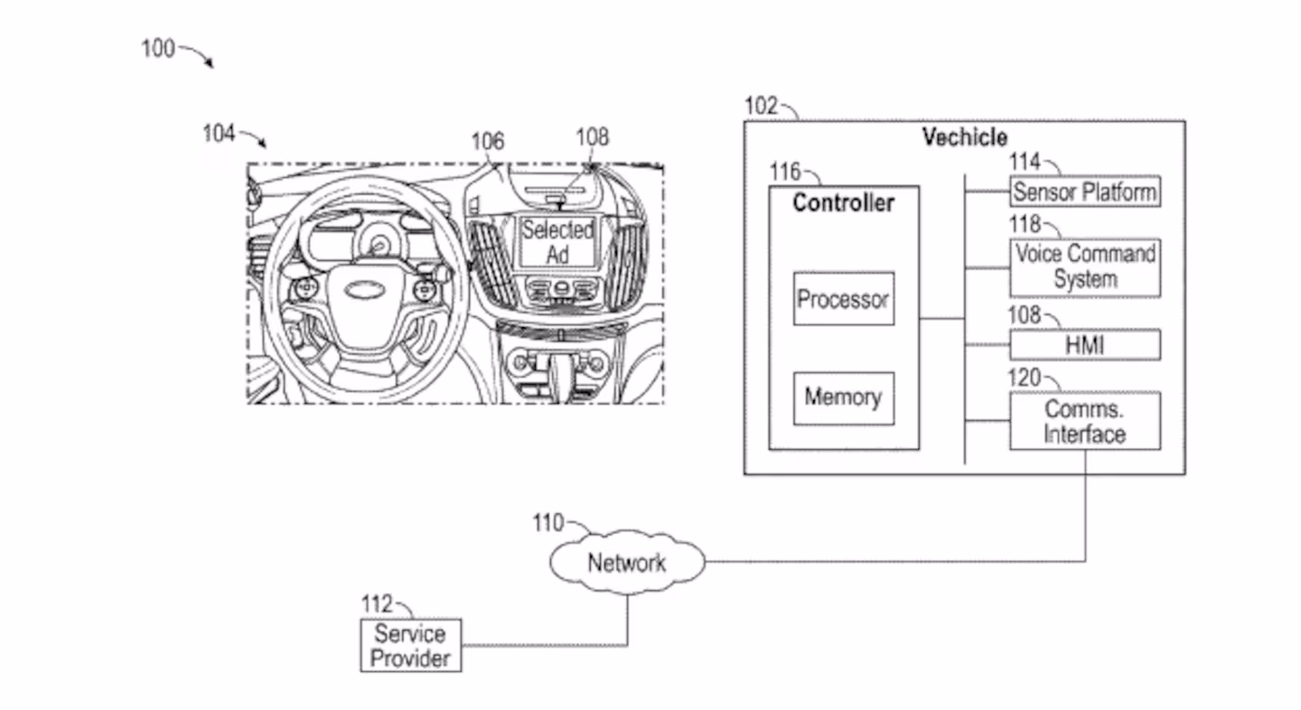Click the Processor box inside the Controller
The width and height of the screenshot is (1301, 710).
[843, 299]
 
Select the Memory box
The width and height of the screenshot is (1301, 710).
[843, 397]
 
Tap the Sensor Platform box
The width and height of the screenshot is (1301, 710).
[1084, 192]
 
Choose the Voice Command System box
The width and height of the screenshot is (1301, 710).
[1084, 266]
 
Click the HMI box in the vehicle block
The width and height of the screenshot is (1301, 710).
[1084, 345]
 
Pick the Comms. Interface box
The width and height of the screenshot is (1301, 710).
[1084, 421]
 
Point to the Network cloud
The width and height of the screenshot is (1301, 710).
[626, 563]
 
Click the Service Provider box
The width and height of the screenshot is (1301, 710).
[411, 645]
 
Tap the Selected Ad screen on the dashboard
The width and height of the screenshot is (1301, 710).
[557, 241]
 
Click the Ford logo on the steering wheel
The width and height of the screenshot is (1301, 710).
[360, 292]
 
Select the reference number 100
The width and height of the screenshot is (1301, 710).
[157, 49]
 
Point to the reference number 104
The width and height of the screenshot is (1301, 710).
[219, 134]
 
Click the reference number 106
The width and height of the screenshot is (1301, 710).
[487, 142]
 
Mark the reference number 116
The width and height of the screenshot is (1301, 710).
[784, 171]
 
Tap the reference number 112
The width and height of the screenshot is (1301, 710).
[377, 603]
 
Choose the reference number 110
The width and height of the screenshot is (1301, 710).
[548, 523]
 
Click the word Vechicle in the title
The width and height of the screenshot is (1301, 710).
[964, 137]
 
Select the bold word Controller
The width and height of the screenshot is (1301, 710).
[843, 202]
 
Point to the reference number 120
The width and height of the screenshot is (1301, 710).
[1025, 378]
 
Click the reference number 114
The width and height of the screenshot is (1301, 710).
[1025, 163]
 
